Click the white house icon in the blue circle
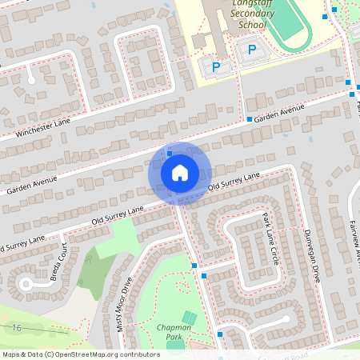point(180,172)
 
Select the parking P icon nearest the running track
point(252,50)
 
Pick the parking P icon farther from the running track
point(214,64)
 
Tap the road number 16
point(16,328)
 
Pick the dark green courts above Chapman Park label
point(188,318)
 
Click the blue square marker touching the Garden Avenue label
point(249,119)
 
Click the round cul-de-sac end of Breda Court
point(26,283)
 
